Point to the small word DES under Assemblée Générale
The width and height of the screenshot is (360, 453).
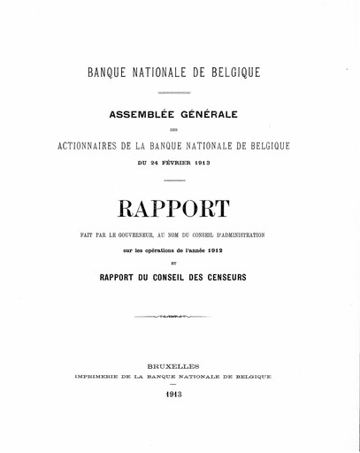[x=180, y=128]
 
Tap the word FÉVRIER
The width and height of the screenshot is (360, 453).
[x=179, y=163]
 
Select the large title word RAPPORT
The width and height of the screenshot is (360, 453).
[x=180, y=210]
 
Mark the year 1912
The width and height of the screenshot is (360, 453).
[x=232, y=250]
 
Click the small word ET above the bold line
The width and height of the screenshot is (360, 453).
[x=180, y=263]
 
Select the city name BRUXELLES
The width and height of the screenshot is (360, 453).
[x=180, y=364]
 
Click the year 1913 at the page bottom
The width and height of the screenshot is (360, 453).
[x=180, y=396]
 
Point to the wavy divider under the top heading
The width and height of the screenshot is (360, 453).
[x=180, y=91]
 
